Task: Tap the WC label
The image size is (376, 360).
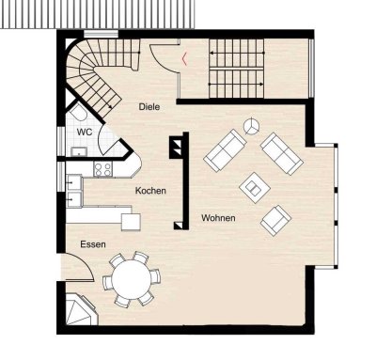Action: pos(84,132)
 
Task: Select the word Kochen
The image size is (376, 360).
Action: pos(150,191)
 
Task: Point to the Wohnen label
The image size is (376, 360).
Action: pos(218,218)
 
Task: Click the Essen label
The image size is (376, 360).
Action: pos(92,244)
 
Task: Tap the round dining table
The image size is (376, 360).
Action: pos(130,278)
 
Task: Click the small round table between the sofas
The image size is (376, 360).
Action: pos(252,126)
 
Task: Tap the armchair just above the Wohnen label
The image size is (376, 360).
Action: pos(275,220)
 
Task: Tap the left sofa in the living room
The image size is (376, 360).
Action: pos(226,149)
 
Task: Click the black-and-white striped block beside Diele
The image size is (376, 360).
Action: pos(176,149)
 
